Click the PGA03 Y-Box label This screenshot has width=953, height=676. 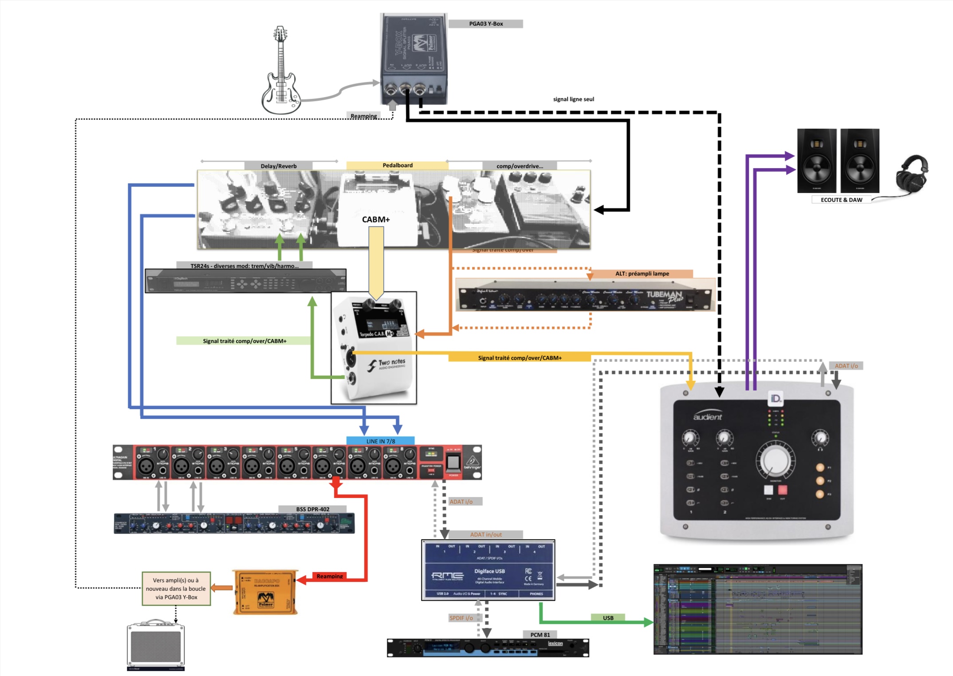(x=486, y=24)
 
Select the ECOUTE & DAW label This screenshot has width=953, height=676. (x=841, y=200)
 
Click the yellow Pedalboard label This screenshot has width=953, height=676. (x=398, y=165)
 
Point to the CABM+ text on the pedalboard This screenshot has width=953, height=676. (x=376, y=219)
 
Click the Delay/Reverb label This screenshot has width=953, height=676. (x=279, y=166)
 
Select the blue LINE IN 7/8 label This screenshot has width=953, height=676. (x=380, y=441)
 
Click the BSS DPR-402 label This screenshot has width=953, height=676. (x=312, y=509)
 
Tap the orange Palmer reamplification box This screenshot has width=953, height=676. (x=265, y=593)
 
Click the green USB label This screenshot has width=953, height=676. (x=608, y=617)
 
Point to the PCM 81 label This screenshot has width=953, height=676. (x=540, y=635)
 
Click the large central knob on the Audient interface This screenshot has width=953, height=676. (x=775, y=459)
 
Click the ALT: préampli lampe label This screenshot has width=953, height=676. (x=642, y=273)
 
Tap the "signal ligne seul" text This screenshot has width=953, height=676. (x=573, y=99)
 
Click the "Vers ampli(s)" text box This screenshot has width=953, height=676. (x=176, y=589)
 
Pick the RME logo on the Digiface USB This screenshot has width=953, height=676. (x=447, y=576)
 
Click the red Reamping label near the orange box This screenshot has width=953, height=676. (x=330, y=576)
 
